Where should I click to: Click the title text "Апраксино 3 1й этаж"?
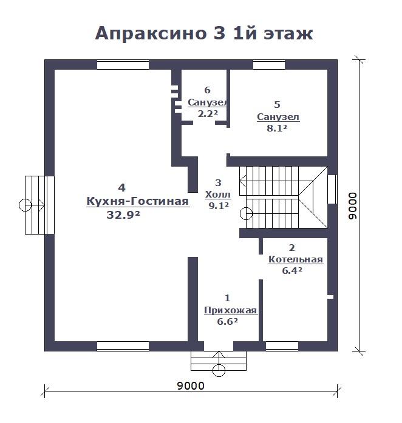click(x=204, y=33)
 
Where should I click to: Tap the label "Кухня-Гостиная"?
click(x=138, y=201)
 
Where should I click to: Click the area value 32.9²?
click(x=123, y=215)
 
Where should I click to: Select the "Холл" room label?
click(x=218, y=195)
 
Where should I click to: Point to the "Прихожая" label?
click(x=230, y=310)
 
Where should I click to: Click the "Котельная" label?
click(x=296, y=259)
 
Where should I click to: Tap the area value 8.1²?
click(x=277, y=128)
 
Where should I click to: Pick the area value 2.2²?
click(x=208, y=114)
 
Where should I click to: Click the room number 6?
click(x=207, y=90)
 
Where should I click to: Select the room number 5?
click(x=277, y=105)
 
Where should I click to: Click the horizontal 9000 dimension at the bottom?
click(x=191, y=386)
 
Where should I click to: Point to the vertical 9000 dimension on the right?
click(x=353, y=205)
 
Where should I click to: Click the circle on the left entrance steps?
click(x=25, y=205)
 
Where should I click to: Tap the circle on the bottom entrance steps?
click(x=219, y=370)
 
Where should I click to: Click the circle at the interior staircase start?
click(x=246, y=214)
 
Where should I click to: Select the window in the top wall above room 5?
click(x=269, y=65)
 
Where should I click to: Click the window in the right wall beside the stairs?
click(x=333, y=189)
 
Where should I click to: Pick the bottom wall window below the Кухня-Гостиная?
click(x=123, y=347)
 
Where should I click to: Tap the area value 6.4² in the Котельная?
click(x=292, y=270)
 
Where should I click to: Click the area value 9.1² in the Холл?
click(x=219, y=206)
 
